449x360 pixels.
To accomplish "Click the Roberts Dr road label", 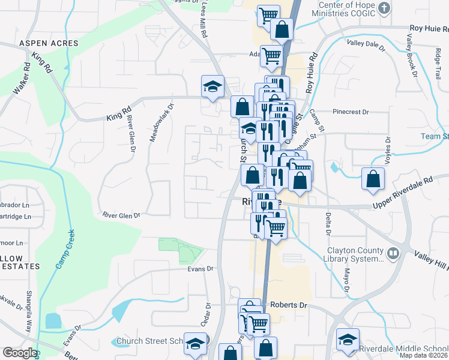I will click(288, 305).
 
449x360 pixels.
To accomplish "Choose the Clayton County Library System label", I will click(354, 254).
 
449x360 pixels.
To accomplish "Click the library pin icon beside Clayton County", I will click(393, 253).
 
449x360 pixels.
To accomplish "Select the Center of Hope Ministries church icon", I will click(385, 9).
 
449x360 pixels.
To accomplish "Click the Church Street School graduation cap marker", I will click(194, 343).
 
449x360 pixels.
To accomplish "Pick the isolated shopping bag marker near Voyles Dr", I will click(373, 178).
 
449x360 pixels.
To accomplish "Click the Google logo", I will click(20, 353).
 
